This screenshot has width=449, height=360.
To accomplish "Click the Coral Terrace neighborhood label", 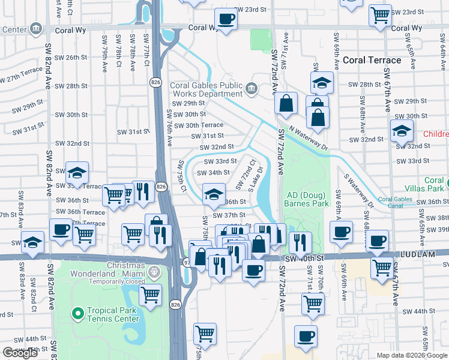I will coord(372,60).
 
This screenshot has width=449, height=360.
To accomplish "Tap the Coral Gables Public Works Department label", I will coord(206,89).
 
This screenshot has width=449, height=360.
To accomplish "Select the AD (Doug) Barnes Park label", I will coord(308,200).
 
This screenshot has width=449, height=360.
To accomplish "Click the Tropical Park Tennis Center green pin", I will coord(77,313).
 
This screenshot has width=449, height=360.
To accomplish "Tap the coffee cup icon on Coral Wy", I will coord(226,19).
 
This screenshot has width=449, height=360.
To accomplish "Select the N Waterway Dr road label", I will coord(309,137).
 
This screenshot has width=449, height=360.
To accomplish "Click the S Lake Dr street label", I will coord(262,175).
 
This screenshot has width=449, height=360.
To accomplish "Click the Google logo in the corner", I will coord(20,352).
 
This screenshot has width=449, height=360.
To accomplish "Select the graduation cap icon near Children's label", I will coord(401,130).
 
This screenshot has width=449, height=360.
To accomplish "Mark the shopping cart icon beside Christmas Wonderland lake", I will coord(150,294).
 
